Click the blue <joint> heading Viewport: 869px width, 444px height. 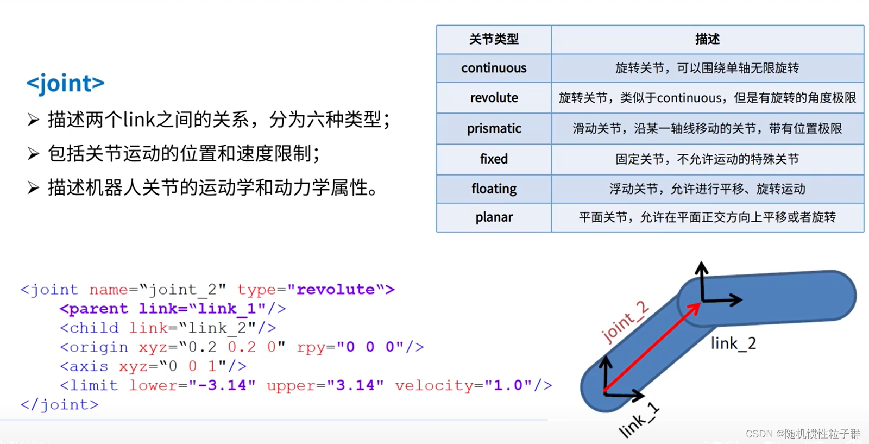pos(65,83)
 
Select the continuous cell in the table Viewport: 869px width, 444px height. pos(494,68)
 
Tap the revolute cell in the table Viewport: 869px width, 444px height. pos(494,98)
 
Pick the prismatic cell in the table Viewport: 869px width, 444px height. pos(494,128)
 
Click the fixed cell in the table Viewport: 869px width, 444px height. pos(494,159)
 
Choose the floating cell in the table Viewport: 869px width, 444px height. pos(494,189)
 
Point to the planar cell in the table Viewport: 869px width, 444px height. pos(494,217)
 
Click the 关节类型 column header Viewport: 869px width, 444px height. pos(494,39)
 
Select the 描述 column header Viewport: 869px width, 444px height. pos(707,39)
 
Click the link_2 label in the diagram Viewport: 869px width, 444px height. pos(733,343)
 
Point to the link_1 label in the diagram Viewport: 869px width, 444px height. pos(639,421)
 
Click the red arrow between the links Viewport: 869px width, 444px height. pos(652,348)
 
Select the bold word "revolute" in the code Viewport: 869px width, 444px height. pos(336,289)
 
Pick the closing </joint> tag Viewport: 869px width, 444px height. pos(59,405)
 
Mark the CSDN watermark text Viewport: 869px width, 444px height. pos(803,434)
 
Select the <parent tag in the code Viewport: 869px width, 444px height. pos(94,309)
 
